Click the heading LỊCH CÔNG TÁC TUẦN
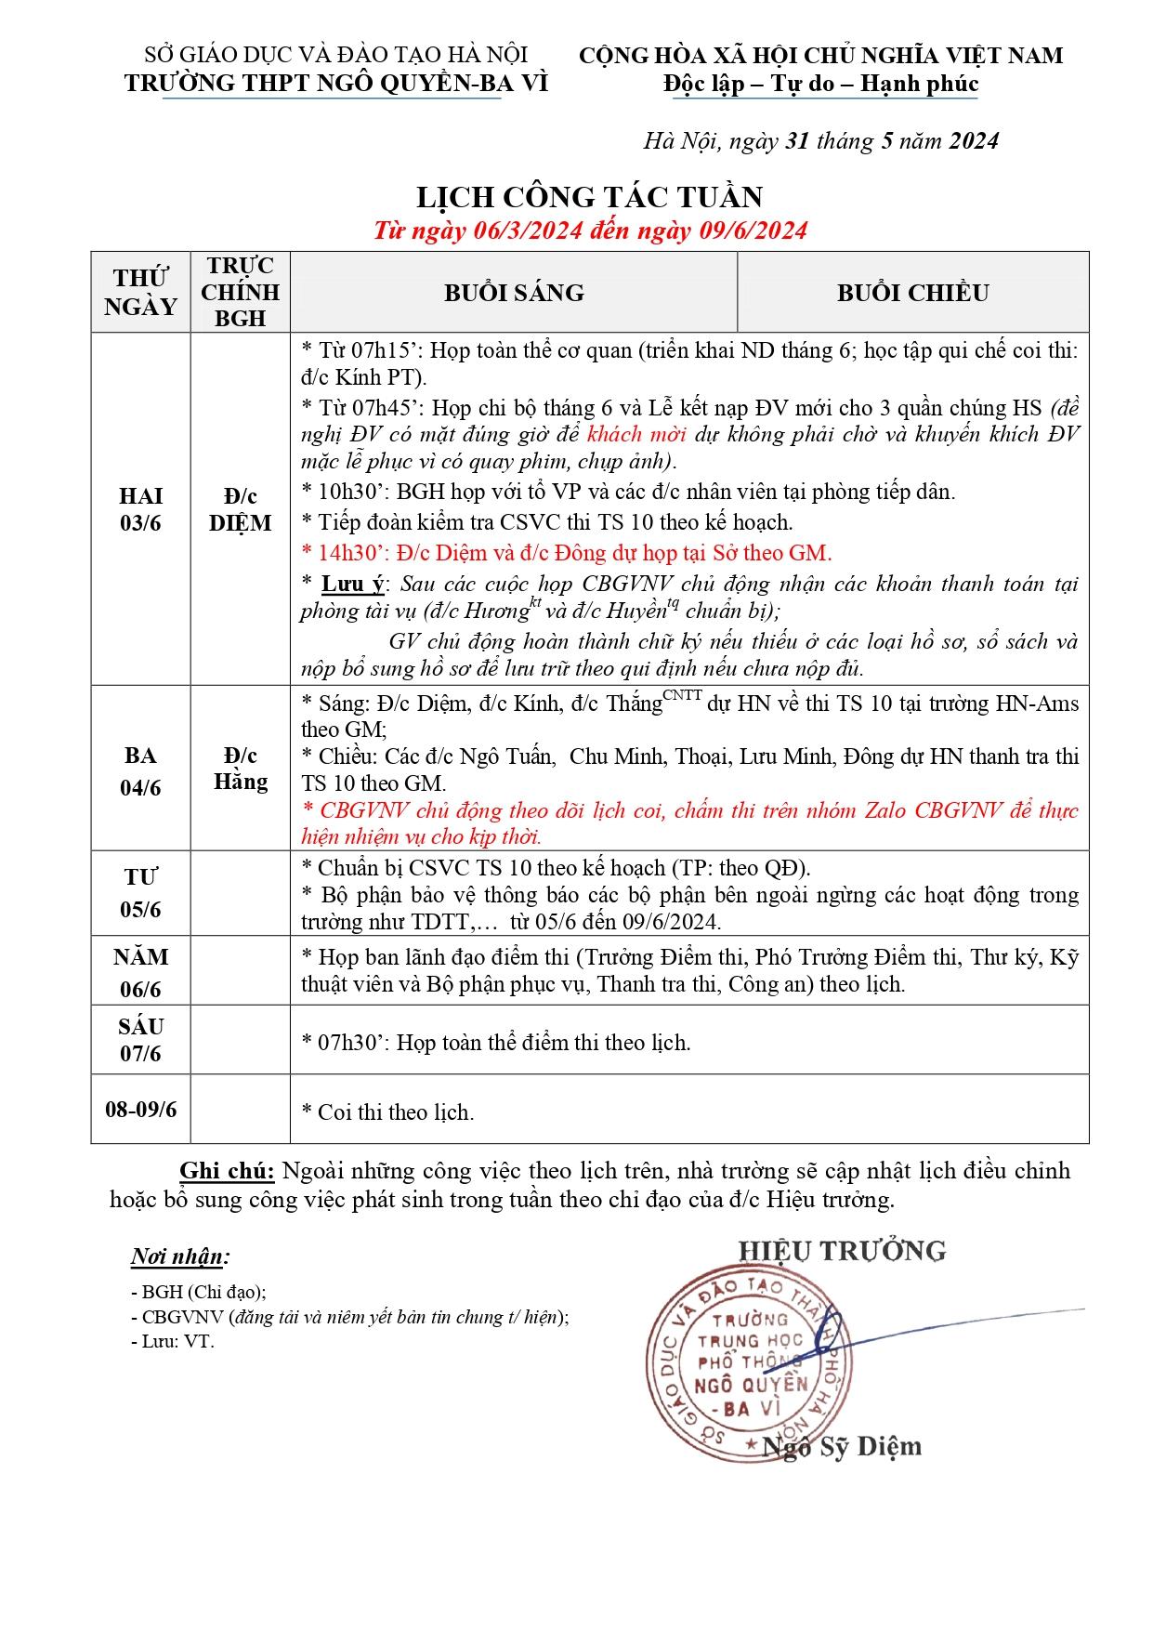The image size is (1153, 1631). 589,197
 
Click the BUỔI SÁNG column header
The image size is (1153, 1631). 514,293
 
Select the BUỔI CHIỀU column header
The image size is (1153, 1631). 912,293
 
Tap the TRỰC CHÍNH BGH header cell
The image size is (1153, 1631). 240,292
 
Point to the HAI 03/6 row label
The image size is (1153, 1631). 140,509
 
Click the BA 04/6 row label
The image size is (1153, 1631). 140,770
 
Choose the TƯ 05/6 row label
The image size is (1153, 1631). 140,893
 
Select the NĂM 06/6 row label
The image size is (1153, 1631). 140,972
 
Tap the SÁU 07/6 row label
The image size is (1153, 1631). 140,1040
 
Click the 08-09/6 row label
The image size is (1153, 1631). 140,1109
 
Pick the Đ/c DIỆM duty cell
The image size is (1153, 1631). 240,509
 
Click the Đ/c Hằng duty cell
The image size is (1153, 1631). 240,769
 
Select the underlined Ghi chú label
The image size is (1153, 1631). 227,1170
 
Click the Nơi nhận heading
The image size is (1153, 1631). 180,1256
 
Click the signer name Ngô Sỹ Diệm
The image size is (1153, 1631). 842,1446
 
